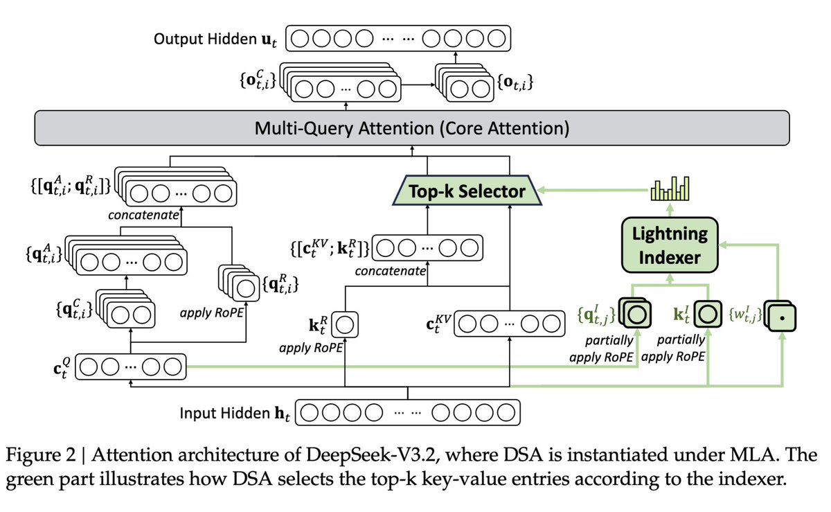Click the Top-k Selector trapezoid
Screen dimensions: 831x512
467,191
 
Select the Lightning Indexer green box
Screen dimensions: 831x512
670,245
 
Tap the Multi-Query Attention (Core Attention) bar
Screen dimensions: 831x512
412,128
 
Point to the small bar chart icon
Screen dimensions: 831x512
670,188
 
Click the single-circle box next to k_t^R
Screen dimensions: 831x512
345,324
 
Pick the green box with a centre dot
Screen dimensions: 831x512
781,317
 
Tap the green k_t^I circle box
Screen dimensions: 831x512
708,314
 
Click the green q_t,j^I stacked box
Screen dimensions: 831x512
636,313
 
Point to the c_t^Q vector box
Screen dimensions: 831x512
131,367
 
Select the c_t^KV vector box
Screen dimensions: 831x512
510,324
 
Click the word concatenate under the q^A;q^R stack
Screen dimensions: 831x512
143,215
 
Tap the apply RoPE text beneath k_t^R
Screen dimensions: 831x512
311,348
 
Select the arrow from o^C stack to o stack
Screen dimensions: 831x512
418,85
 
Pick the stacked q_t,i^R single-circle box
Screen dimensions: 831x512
240,283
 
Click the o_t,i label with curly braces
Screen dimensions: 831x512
515,82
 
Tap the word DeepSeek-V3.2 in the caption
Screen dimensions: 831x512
373,454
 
